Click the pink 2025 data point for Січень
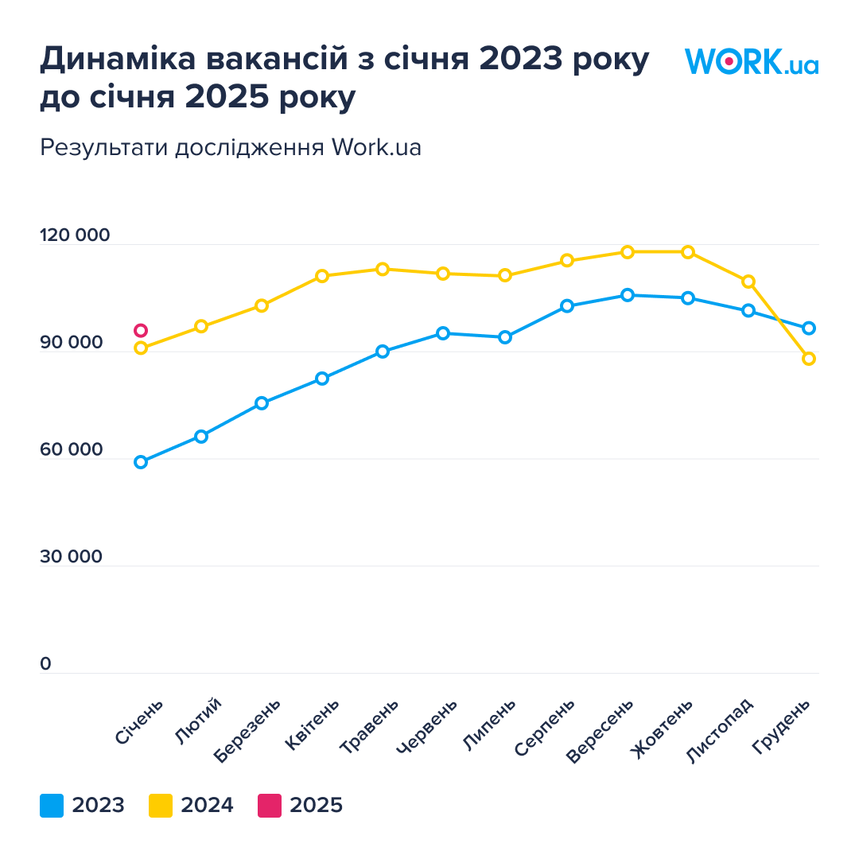coord(141,331)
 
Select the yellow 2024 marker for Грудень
coord(809,359)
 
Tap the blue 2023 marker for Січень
coord(141,462)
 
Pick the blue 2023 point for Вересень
coord(628,295)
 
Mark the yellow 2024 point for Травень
coord(383,269)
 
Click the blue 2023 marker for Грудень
coord(809,328)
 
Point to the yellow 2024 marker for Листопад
coord(748,282)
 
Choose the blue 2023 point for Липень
coord(505,337)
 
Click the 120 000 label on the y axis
coord(75,236)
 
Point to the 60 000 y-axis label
coord(72,450)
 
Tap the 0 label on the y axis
coord(45,664)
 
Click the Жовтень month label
coord(662,729)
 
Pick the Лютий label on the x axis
coord(197,721)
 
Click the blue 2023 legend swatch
coord(52,806)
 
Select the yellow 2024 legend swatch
coord(161,806)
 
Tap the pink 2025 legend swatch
coord(270,806)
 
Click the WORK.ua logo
coord(752,61)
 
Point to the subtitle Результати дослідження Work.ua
coord(231,148)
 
